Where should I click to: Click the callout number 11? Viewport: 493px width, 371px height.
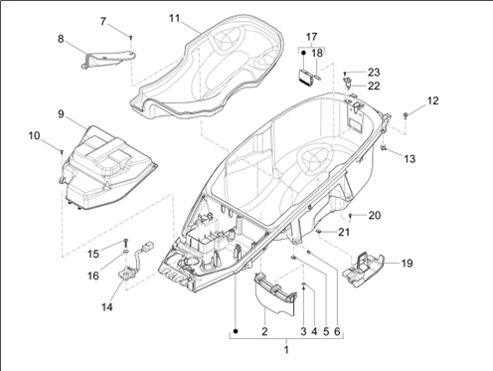[174, 18]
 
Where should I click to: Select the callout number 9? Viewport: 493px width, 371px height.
[61, 115]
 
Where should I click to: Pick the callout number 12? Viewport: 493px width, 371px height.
[432, 100]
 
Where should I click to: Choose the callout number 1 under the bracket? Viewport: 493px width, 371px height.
[285, 349]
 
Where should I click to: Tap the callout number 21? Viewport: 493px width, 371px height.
[345, 232]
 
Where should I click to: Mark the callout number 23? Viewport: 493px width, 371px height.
[374, 72]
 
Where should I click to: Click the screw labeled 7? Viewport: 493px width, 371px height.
[130, 36]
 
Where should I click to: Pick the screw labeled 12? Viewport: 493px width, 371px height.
[408, 117]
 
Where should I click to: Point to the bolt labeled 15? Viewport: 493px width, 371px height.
[126, 244]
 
